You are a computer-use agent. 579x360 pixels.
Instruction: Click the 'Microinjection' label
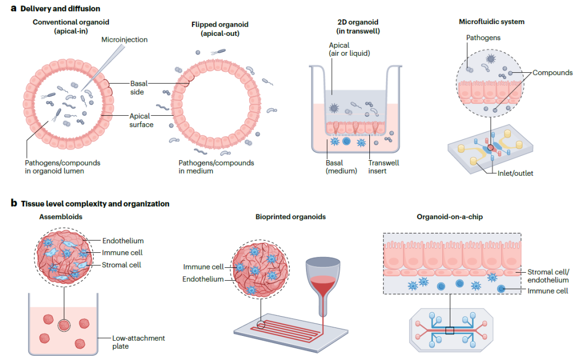tap(125, 40)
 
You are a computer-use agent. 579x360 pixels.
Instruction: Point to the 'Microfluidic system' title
tap(492, 22)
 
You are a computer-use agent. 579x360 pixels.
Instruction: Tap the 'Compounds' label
tap(552, 73)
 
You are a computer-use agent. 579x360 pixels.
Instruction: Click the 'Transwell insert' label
tap(383, 167)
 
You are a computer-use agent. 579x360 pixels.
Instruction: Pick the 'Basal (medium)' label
tap(341, 167)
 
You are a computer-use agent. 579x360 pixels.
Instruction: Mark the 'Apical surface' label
tap(141, 120)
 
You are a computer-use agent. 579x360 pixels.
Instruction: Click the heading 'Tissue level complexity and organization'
tap(95, 204)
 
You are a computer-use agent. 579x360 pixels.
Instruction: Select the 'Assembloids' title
tap(60, 217)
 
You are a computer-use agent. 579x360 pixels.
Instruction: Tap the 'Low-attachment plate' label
tap(138, 342)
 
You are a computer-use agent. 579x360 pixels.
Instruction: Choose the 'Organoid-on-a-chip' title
tap(450, 217)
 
